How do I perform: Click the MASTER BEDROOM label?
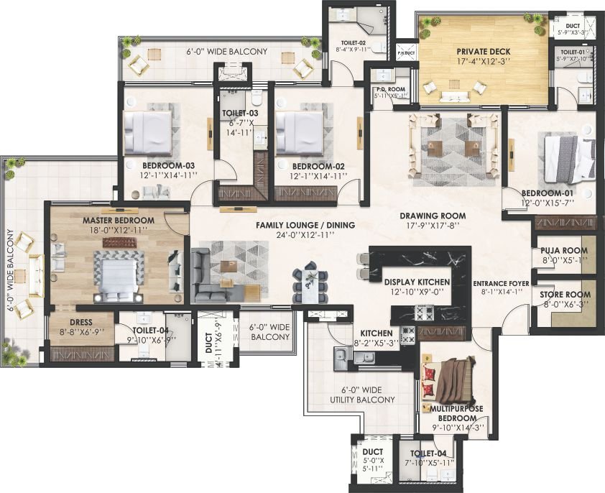(118, 220)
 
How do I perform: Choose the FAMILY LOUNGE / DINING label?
(305, 225)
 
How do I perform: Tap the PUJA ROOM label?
(564, 251)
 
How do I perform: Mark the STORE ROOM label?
(565, 294)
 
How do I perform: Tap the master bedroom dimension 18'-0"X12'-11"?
(118, 230)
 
